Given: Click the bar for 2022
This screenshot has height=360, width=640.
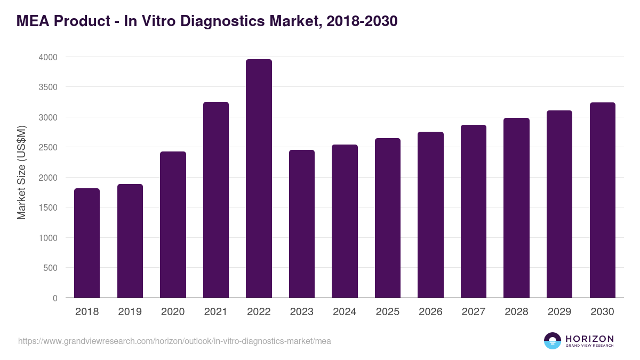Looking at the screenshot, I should (x=259, y=179).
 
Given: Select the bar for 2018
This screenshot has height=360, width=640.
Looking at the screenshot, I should (x=87, y=243).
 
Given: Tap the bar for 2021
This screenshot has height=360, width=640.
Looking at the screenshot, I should (x=216, y=200).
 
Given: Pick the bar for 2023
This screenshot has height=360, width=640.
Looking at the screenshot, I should (x=302, y=224).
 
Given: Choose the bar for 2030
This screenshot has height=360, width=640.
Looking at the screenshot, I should (x=603, y=200).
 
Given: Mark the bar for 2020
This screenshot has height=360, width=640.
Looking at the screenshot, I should (x=173, y=225).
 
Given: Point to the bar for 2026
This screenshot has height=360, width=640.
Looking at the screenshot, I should (x=430, y=215).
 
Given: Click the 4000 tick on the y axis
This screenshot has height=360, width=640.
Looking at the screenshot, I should (x=48, y=57).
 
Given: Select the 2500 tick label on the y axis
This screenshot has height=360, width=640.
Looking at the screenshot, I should (x=48, y=147).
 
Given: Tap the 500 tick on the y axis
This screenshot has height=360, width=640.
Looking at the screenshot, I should (x=51, y=268).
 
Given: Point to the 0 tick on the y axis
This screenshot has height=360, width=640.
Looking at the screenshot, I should (x=55, y=298).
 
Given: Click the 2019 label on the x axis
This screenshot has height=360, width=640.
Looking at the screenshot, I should (x=130, y=312).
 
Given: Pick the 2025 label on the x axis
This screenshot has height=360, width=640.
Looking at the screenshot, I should (x=388, y=312).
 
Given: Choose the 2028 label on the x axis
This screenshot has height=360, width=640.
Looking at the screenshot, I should (x=516, y=312).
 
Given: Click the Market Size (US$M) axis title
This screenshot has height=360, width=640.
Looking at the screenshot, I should (x=21, y=172).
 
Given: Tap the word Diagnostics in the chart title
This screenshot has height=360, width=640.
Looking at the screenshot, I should (x=233, y=21).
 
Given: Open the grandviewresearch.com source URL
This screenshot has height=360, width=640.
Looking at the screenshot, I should (x=174, y=341).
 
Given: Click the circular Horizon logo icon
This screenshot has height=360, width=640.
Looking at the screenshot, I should (x=553, y=341).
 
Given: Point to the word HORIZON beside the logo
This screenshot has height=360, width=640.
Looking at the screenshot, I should (x=589, y=339).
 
